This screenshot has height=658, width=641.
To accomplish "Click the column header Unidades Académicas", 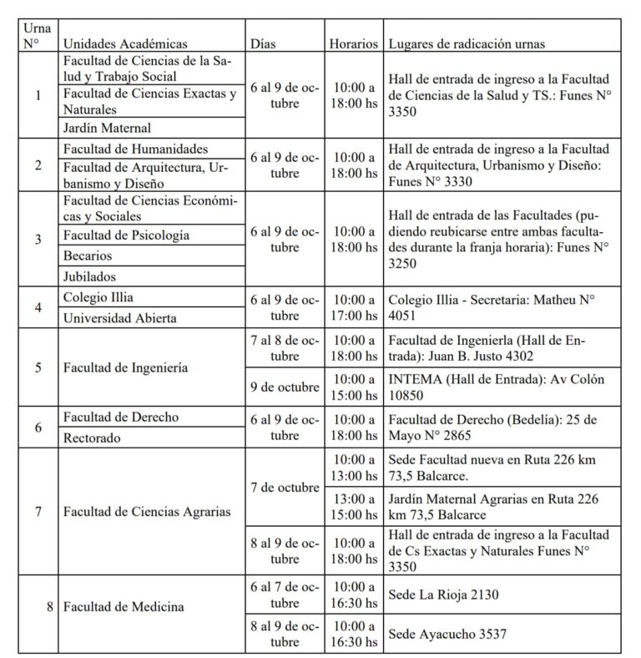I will (125, 44).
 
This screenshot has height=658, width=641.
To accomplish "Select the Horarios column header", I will (354, 44).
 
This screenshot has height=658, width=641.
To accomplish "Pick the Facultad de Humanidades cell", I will (135, 149).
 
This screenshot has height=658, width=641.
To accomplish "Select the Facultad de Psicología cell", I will (126, 235).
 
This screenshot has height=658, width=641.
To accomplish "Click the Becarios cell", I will (88, 256).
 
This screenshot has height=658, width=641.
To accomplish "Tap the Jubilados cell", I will (89, 276).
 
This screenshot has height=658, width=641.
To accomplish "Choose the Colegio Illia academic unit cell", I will (98, 297).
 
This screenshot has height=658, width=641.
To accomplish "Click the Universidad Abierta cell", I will (120, 318).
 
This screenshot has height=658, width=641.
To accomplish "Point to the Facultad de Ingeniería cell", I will (125, 367).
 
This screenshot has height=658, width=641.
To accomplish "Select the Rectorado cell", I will (93, 437).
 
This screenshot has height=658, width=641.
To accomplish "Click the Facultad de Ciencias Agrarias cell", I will (146, 511).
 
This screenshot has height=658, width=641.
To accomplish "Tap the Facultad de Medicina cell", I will (124, 607).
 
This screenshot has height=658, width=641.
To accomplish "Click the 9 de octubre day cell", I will (285, 387).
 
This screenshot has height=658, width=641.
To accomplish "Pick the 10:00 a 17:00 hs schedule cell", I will (354, 308).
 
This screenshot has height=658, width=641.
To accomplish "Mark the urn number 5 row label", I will (38, 367).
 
